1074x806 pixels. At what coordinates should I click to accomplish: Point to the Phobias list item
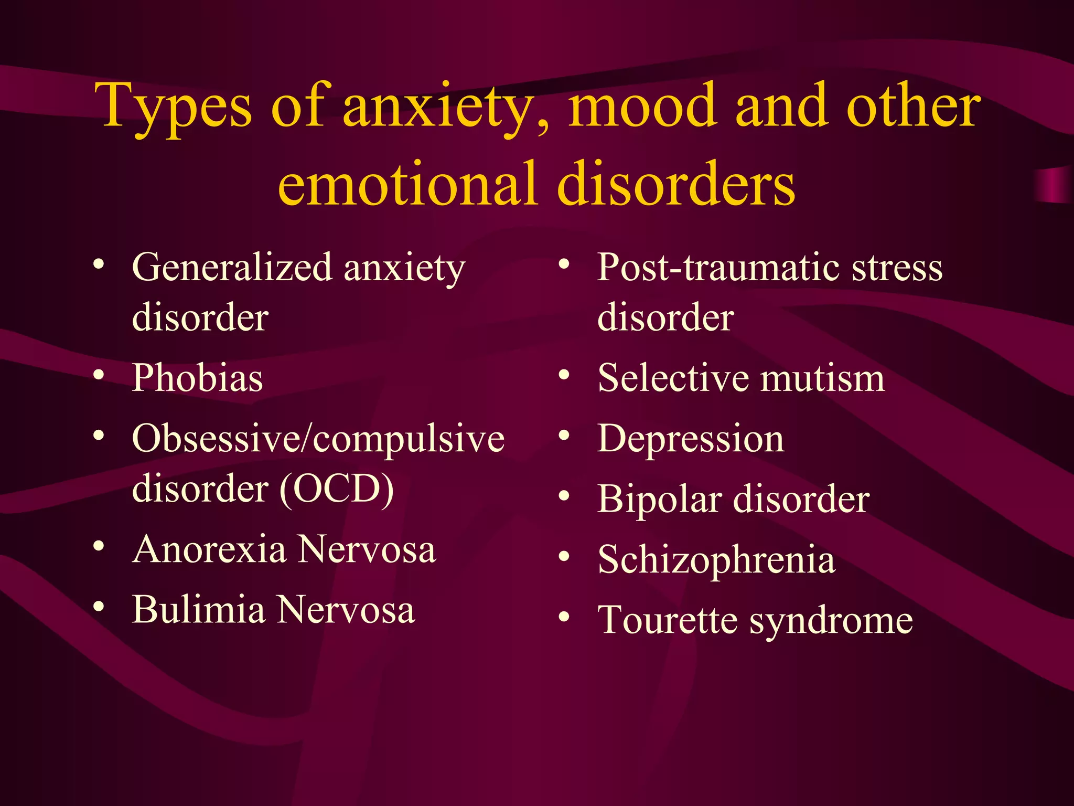pos(197,378)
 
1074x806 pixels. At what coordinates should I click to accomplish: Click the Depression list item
pos(691,439)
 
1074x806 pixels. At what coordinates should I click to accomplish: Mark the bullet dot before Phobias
pos(98,376)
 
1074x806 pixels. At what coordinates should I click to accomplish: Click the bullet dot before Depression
pos(564,436)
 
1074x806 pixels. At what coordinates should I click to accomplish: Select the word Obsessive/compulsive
pos(318,439)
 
